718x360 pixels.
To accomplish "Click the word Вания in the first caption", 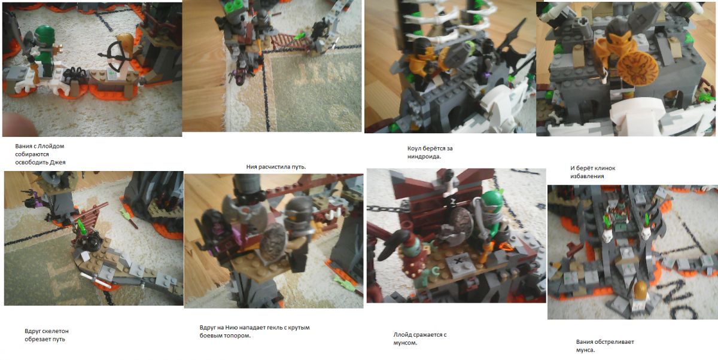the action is pos(23,147).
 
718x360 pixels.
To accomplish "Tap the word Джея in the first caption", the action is pos(58,163).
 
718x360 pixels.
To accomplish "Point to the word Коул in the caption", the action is pos(415,149).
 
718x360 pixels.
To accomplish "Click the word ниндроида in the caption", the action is pos(424,157).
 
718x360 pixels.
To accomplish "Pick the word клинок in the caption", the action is pos(604,168).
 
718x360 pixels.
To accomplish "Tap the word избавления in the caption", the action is pos(587,176).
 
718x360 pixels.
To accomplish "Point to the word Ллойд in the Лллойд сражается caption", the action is pos(402,335).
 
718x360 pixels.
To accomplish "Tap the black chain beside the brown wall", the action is pos(385,209).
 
